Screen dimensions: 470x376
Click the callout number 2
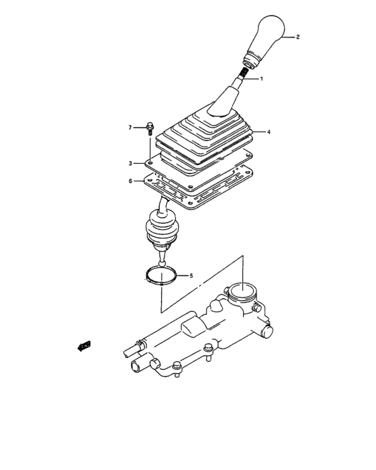pos(299,38)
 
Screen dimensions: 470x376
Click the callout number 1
pos(261,79)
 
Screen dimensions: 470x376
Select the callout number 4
pos(269,132)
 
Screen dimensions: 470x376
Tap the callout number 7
pos(132,126)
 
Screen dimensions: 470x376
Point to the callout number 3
pos(132,163)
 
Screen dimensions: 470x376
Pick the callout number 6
pos(132,181)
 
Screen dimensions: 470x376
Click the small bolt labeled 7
pos(150,128)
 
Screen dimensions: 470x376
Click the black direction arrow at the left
pos(85,346)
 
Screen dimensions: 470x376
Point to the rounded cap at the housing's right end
pos(266,331)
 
